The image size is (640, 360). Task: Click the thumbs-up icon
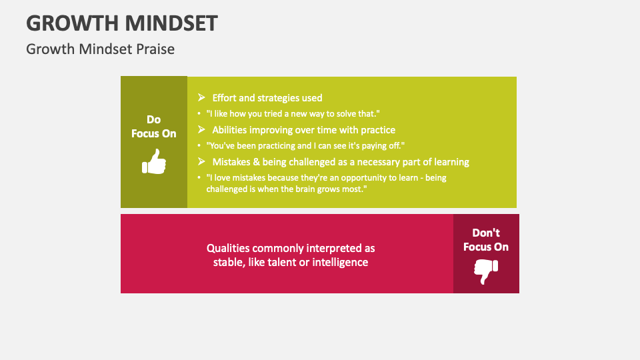[154, 162]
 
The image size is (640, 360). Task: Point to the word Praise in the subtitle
[155, 49]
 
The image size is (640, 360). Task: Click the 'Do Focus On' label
[154, 127]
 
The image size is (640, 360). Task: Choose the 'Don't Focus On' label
[486, 240]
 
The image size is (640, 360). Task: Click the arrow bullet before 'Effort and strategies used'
[201, 98]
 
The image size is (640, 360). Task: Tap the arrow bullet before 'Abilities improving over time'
[201, 130]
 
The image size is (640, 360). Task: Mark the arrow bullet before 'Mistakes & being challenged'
[201, 162]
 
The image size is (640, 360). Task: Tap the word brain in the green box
[303, 189]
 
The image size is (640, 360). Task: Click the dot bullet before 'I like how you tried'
[199, 114]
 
